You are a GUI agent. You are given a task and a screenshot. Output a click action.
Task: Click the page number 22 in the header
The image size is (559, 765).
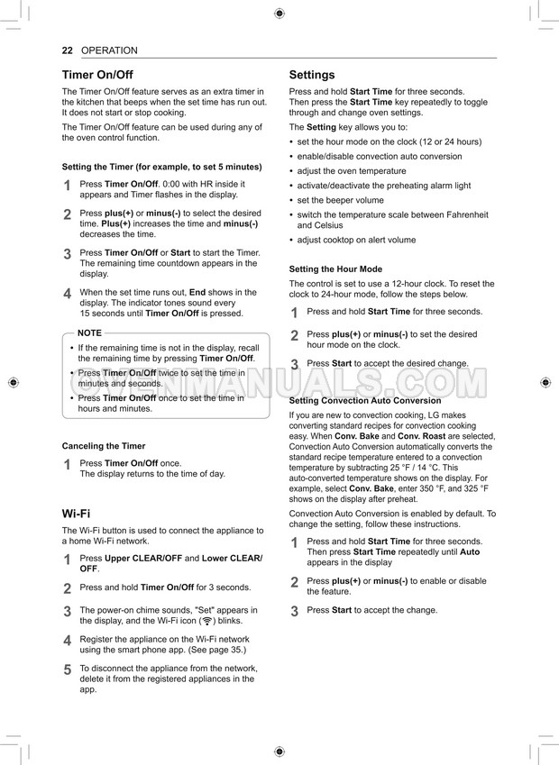click(67, 50)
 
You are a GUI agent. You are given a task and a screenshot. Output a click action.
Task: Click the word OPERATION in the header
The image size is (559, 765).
click(109, 50)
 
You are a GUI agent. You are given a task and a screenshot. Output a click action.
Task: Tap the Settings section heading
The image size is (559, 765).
click(311, 75)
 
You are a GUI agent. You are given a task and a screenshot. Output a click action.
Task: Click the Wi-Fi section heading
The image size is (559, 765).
click(76, 514)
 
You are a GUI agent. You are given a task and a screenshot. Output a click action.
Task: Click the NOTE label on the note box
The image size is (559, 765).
click(89, 333)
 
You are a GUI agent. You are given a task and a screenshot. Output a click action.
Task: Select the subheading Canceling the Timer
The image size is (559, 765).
click(103, 446)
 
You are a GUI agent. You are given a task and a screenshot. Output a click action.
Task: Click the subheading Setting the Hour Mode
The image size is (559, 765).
click(335, 269)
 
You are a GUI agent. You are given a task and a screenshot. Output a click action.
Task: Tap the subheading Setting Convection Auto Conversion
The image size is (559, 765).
click(365, 400)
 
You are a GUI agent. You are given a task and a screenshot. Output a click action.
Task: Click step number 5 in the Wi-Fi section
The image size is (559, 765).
click(67, 669)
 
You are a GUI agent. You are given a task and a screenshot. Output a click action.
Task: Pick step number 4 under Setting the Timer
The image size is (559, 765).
click(67, 294)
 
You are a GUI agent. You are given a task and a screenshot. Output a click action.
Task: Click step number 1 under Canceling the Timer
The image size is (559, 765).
click(67, 465)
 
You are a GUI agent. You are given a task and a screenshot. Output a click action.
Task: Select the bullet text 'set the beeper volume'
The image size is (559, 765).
click(340, 200)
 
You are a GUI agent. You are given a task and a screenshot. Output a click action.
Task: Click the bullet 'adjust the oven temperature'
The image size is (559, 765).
click(351, 171)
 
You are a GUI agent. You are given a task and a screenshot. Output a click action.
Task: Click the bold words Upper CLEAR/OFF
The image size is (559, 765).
click(143, 559)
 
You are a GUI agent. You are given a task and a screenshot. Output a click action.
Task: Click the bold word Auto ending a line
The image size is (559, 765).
click(470, 552)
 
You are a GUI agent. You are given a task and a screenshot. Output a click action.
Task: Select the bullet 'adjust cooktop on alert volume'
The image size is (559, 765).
click(356, 241)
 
